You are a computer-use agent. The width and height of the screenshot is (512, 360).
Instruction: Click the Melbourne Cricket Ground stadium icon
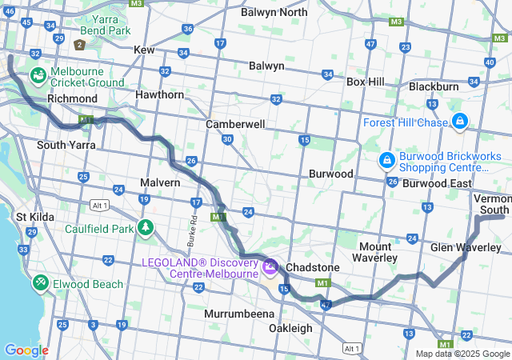coord(38,76)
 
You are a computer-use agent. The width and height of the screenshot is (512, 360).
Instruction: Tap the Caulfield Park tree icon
coord(146,228)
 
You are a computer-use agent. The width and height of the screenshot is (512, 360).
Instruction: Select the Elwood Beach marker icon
coord(40,283)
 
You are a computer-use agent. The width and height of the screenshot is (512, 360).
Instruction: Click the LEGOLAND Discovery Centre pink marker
coord(270,264)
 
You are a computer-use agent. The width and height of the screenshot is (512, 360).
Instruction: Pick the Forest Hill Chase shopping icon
coord(459,122)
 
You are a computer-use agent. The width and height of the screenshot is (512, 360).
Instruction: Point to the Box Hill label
coord(365,82)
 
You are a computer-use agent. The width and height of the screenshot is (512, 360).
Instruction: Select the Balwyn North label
coord(274,12)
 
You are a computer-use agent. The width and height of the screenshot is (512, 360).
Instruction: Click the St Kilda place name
coord(34,217)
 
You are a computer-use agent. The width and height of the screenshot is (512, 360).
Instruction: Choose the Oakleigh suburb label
coord(290,329)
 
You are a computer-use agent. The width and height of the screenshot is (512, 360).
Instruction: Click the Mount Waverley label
coord(375,252)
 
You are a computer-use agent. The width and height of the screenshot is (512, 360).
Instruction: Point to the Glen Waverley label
coord(466,248)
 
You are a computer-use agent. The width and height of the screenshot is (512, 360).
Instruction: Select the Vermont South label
coord(492,203)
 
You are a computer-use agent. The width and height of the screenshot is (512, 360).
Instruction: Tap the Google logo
coord(26,350)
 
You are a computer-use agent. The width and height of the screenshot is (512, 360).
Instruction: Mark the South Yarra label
coord(66,145)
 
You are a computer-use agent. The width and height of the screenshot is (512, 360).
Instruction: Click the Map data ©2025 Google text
coord(462,354)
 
